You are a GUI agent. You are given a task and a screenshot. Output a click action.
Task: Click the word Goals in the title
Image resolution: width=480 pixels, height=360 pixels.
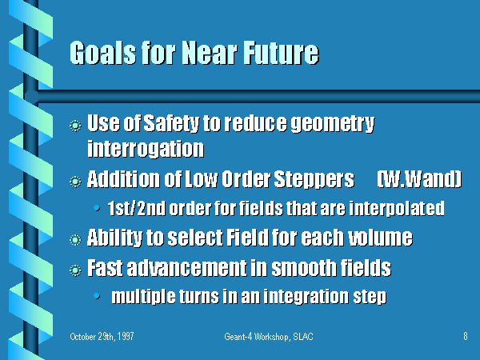tap(103, 53)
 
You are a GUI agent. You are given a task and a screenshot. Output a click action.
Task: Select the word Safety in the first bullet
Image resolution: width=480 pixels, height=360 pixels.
tap(171, 124)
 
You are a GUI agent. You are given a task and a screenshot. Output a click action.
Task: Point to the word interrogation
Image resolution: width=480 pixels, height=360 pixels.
tap(146, 149)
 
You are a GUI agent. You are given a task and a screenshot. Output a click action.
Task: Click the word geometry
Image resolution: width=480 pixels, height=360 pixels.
tap(333, 124)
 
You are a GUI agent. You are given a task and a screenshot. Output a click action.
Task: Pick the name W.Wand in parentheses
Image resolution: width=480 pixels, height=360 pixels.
tap(419, 179)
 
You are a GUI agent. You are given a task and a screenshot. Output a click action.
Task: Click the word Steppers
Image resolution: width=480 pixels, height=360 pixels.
tap(314, 180)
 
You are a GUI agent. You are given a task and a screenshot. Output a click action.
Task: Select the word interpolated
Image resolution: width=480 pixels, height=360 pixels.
tap(397, 209)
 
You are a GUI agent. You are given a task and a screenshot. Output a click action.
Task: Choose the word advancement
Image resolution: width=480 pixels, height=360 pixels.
tap(187, 268)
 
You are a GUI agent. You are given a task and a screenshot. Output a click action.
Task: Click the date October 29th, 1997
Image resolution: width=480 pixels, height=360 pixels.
tap(102, 337)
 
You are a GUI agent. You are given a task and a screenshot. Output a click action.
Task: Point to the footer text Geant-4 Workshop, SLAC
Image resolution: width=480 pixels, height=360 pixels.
tap(269, 337)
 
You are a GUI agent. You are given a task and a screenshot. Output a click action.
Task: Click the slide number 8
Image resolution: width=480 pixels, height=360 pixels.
tap(466, 336)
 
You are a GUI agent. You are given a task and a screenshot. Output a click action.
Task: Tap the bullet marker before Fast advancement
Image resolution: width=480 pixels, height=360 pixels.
tap(75, 270)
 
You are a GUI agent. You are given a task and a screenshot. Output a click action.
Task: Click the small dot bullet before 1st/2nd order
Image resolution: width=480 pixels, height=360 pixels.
tap(97, 209)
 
